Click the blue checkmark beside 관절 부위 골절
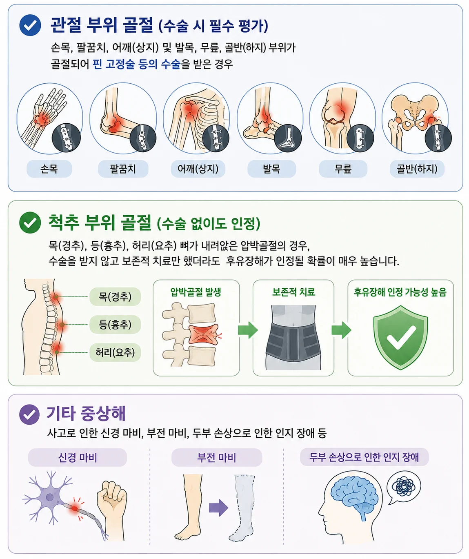30,25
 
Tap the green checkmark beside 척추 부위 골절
30,223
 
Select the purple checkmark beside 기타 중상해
29,414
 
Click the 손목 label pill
49,169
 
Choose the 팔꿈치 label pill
123,169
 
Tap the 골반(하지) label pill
417,169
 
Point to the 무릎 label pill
343,169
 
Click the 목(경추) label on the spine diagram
115,296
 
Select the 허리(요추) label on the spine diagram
115,352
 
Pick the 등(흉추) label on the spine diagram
115,325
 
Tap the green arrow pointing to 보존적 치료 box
248,330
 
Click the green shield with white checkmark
400,337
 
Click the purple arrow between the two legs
218,508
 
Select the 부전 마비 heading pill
217,458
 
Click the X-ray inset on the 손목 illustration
66,138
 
